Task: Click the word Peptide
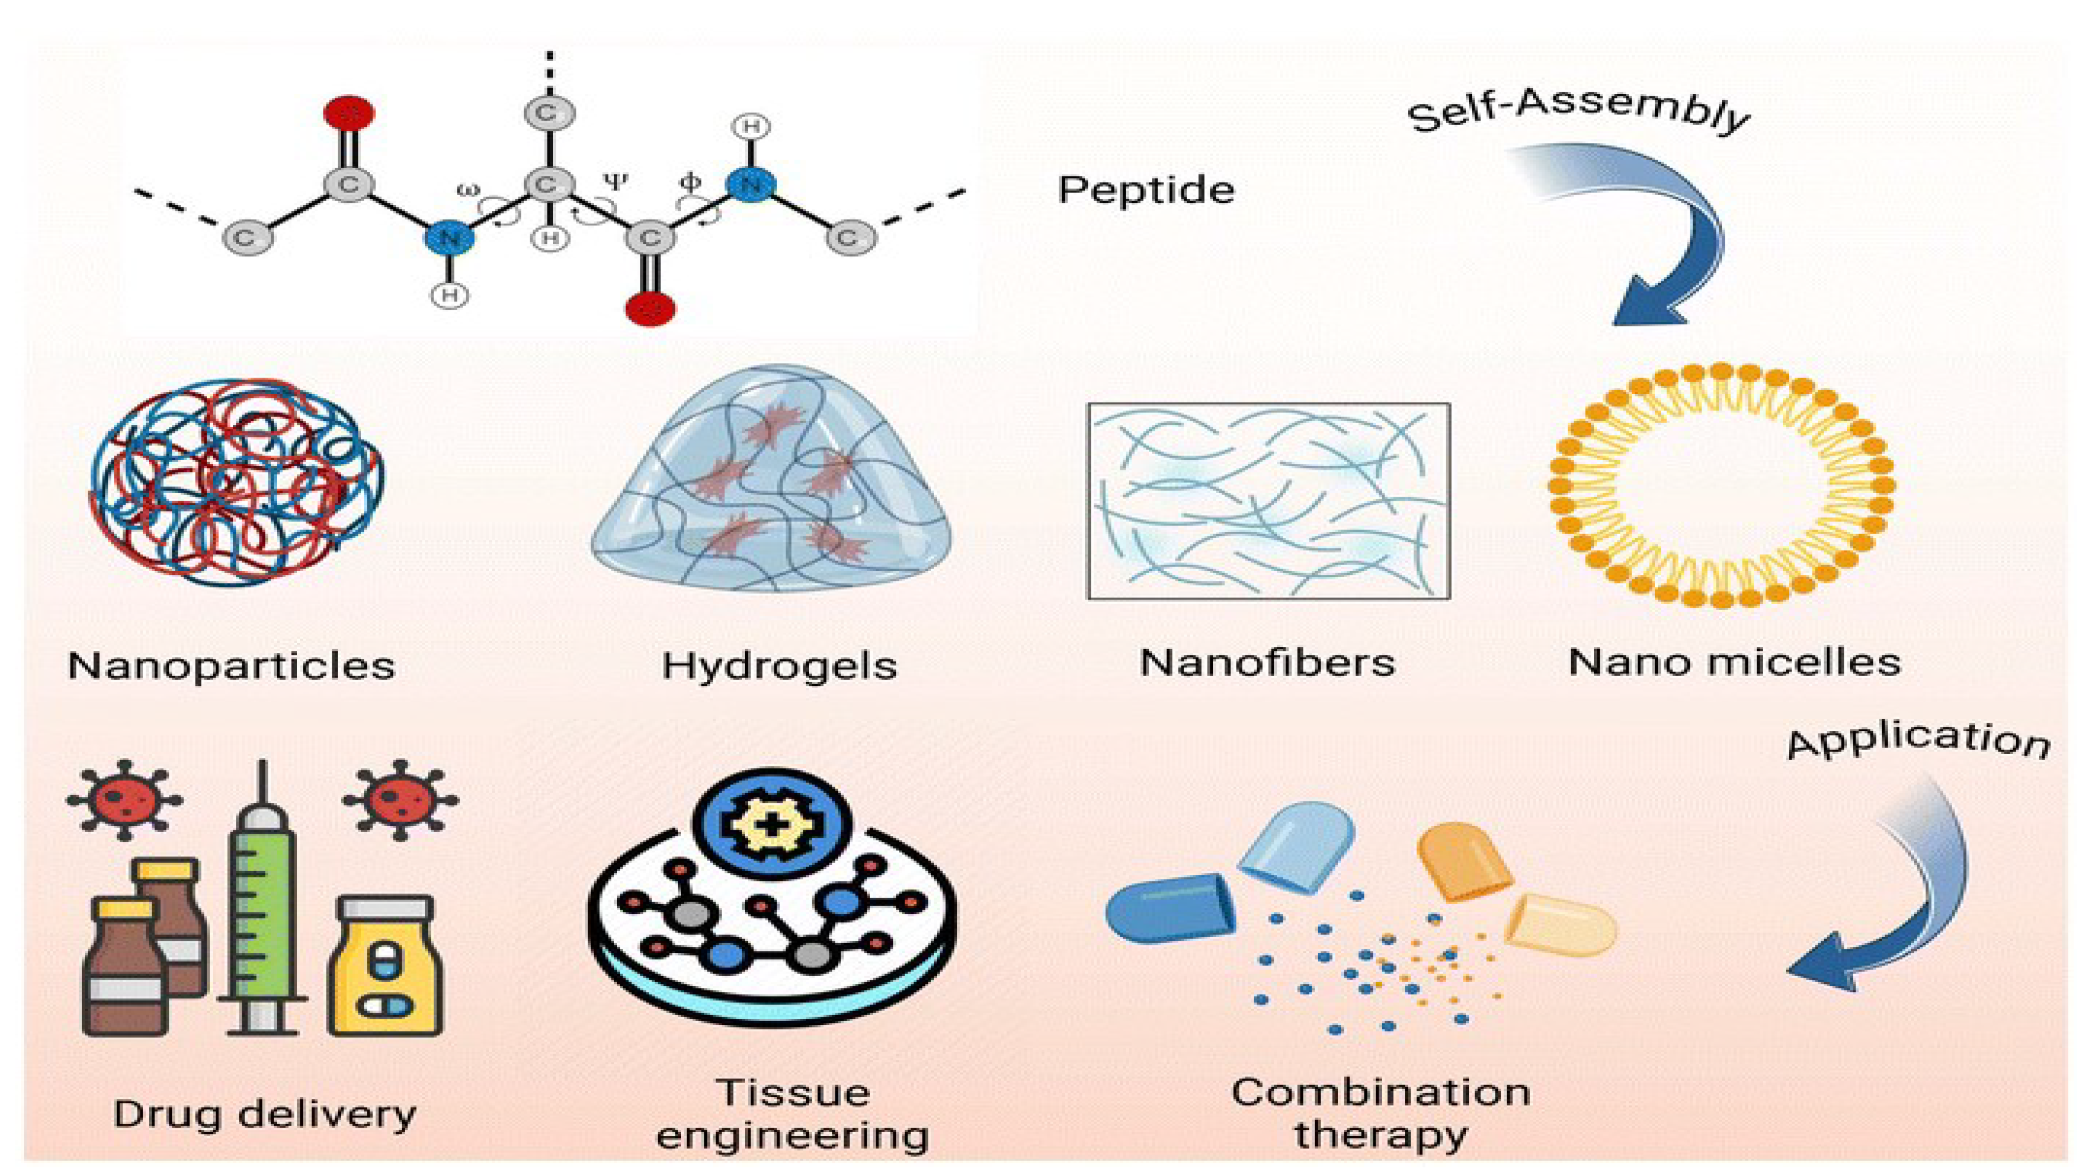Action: pyautogui.click(x=1146, y=190)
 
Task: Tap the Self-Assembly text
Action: pyautogui.click(x=1578, y=113)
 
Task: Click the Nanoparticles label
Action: pyautogui.click(x=232, y=666)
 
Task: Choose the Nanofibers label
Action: pyautogui.click(x=1268, y=663)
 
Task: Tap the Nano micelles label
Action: pyautogui.click(x=1734, y=662)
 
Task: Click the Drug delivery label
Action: pyautogui.click(x=265, y=1114)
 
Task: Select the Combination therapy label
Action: pyautogui.click(x=1381, y=1113)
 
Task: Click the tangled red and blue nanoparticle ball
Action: pyautogui.click(x=237, y=481)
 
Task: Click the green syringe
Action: pyautogui.click(x=261, y=899)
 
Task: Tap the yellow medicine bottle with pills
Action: pyautogui.click(x=385, y=966)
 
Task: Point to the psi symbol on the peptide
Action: pyautogui.click(x=615, y=181)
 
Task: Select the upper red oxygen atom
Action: pyautogui.click(x=349, y=113)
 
